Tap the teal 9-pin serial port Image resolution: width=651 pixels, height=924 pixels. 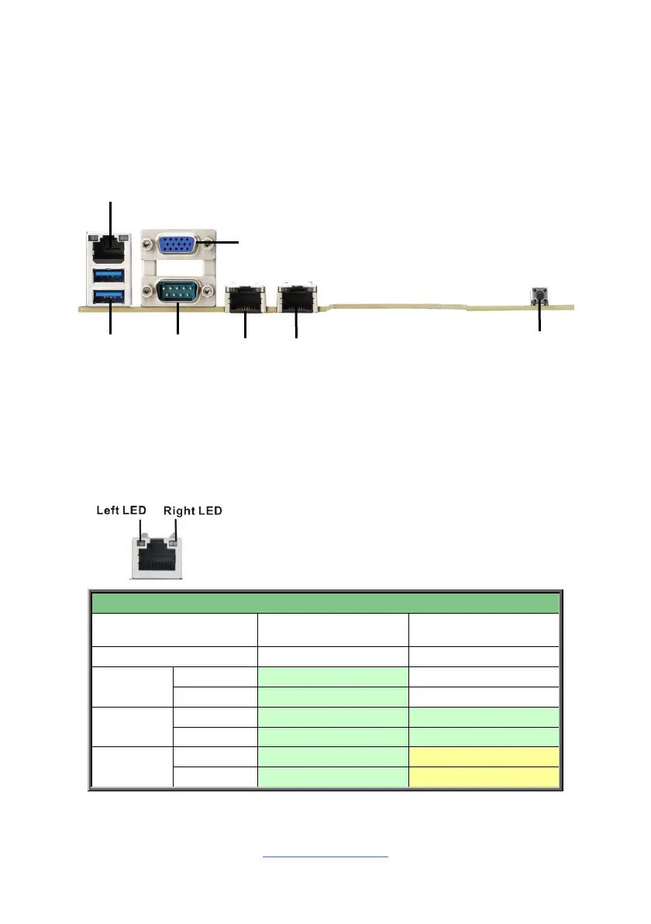tap(177, 293)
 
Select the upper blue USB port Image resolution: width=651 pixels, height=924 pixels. tap(109, 275)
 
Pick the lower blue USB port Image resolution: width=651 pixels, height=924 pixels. tap(109, 295)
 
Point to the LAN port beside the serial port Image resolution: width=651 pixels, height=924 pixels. tap(245, 298)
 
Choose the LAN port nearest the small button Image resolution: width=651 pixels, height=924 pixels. tap(296, 298)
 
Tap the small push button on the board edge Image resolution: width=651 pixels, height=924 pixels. tap(539, 294)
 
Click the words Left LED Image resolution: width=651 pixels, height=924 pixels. tap(122, 510)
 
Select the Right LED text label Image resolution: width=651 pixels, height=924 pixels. tap(193, 510)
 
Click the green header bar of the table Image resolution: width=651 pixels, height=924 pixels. tap(325, 603)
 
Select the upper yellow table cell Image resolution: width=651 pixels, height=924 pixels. tap(484, 756)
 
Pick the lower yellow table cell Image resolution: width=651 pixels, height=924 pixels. tap(484, 777)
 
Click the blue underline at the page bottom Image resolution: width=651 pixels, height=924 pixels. tap(325, 857)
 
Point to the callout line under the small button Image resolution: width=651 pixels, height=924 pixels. tap(539, 319)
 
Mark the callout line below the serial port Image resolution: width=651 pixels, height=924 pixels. tap(177, 322)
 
